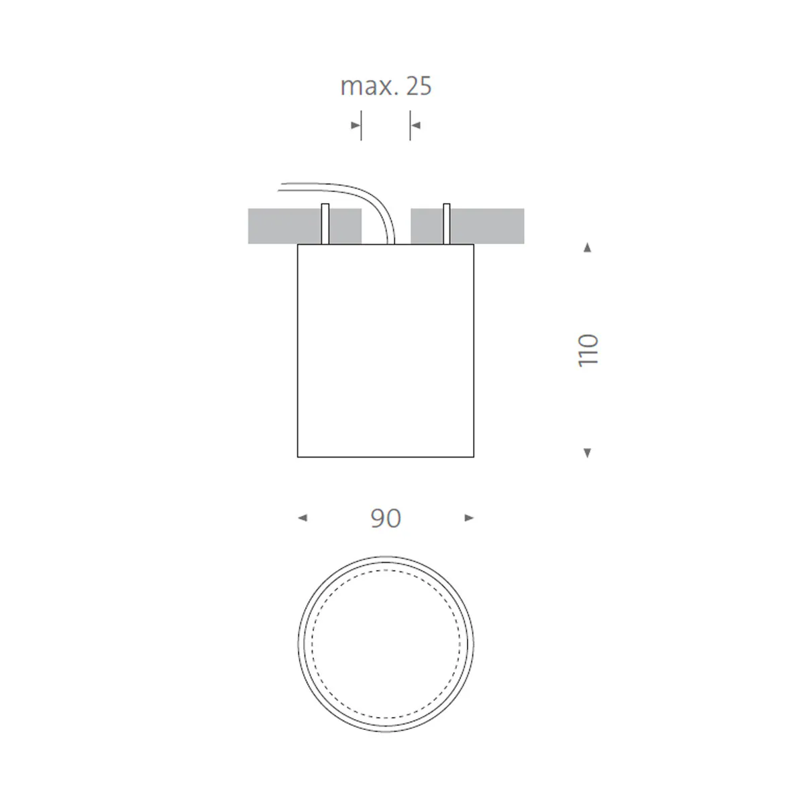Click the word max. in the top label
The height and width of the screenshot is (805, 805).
tap(367, 86)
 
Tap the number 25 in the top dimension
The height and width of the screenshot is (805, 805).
tap(419, 86)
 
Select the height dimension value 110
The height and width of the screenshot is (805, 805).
tap(588, 350)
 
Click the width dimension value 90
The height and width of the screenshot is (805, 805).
tap(386, 518)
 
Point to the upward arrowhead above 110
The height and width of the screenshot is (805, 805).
tap(588, 248)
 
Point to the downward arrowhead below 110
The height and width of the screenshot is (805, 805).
tap(588, 453)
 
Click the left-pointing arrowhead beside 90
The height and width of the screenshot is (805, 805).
tap(303, 518)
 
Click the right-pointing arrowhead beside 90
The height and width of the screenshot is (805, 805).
tap(469, 518)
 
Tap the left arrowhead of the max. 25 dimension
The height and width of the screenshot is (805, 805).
tap(356, 125)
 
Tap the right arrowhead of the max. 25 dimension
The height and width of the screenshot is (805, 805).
tap(415, 125)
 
